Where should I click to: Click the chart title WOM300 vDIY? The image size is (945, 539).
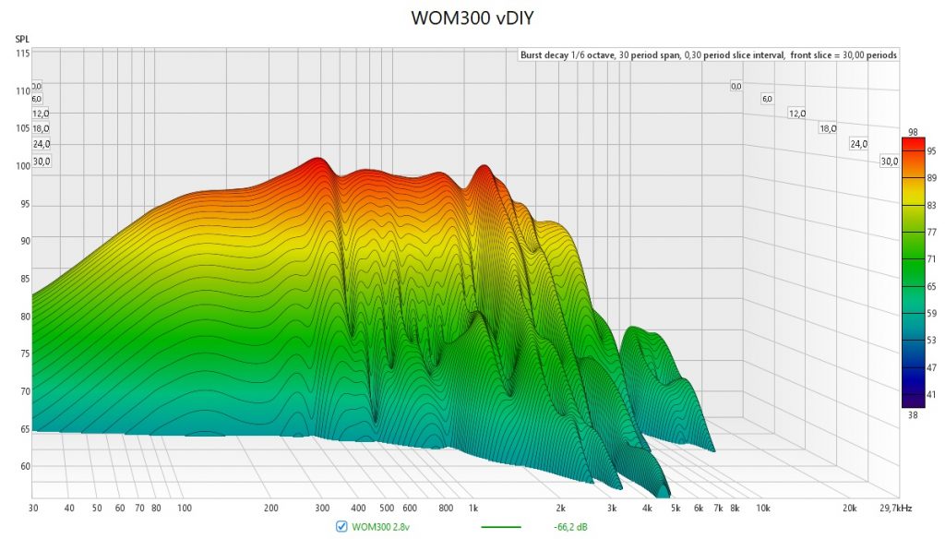(472, 18)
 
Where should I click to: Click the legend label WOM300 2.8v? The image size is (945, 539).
(381, 527)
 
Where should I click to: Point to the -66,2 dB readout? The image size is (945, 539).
(572, 527)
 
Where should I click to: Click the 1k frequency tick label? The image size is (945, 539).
(474, 508)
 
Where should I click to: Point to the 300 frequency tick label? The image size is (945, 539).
(322, 508)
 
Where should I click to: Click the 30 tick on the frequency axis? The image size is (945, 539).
(32, 508)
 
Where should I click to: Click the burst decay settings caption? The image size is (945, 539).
(709, 55)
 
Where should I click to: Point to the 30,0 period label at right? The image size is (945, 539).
(890, 161)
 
